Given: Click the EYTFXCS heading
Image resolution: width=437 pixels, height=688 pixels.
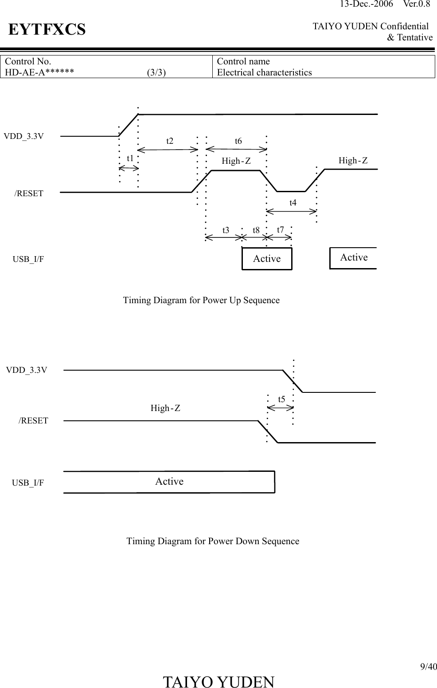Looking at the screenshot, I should coord(47,30).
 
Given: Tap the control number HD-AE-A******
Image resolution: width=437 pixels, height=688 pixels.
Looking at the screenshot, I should coord(39,72).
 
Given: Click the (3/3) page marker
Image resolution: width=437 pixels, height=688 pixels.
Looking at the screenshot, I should coord(156,72).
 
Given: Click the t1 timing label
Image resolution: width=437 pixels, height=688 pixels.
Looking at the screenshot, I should coord(130,158).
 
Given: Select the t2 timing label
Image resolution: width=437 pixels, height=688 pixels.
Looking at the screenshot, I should coord(170,141).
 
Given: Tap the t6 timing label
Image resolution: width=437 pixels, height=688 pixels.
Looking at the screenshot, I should coord(238,141).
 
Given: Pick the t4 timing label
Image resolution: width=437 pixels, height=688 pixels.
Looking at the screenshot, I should coord(293,203).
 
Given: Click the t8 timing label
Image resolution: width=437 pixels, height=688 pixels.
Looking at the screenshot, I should coord(256,230).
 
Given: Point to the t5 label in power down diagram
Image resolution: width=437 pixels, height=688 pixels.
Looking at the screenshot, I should coord(281,399).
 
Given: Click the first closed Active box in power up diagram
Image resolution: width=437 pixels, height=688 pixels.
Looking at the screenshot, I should coord(267,259).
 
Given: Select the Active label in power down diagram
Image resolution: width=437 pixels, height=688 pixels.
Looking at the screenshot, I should coord(169,482).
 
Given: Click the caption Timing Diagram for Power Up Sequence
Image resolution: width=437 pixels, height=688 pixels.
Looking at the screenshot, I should coord(201,301).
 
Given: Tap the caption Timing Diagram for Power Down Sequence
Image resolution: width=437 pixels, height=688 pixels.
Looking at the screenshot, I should coord(213,541).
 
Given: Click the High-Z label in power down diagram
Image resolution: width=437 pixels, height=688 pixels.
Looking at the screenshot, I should coord(165,408).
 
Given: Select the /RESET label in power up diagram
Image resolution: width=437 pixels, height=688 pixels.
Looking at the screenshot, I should coord(29,194).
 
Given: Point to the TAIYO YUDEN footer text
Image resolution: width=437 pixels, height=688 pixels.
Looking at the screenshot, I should coord(218,682).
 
